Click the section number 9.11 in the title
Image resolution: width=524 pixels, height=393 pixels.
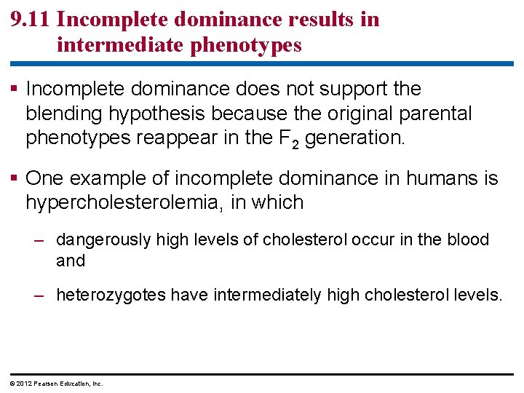click(31, 20)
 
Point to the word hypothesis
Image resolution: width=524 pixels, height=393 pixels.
click(146, 114)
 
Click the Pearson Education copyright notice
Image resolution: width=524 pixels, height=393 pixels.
click(55, 384)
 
